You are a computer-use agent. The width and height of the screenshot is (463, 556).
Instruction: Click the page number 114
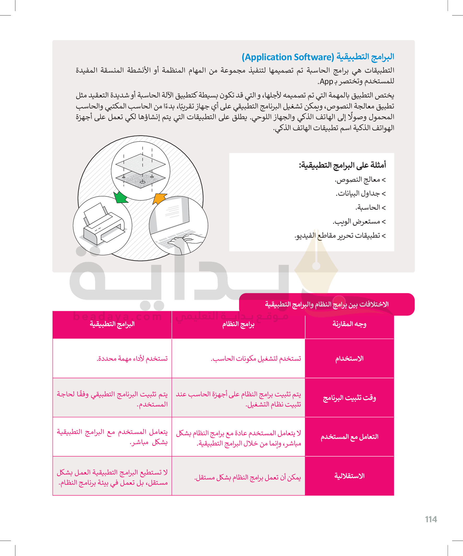[x=431, y=519]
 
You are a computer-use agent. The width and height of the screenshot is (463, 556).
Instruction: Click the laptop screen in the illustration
[x=172, y=212]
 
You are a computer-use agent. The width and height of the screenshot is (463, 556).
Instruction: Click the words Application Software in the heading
[x=288, y=57]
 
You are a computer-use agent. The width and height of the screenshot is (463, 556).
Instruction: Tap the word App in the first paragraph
[x=326, y=81]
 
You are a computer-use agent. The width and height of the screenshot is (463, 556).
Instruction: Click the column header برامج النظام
[x=238, y=324]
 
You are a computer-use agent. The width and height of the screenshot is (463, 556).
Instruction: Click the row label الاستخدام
[x=349, y=359]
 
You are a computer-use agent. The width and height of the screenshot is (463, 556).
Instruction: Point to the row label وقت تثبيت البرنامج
[x=349, y=398]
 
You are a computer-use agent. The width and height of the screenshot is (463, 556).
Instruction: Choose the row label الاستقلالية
[x=349, y=476]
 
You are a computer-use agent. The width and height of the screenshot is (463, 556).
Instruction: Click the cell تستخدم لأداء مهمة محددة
[x=132, y=359]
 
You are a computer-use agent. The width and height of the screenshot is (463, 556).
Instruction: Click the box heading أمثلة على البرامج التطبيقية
[x=342, y=165]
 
